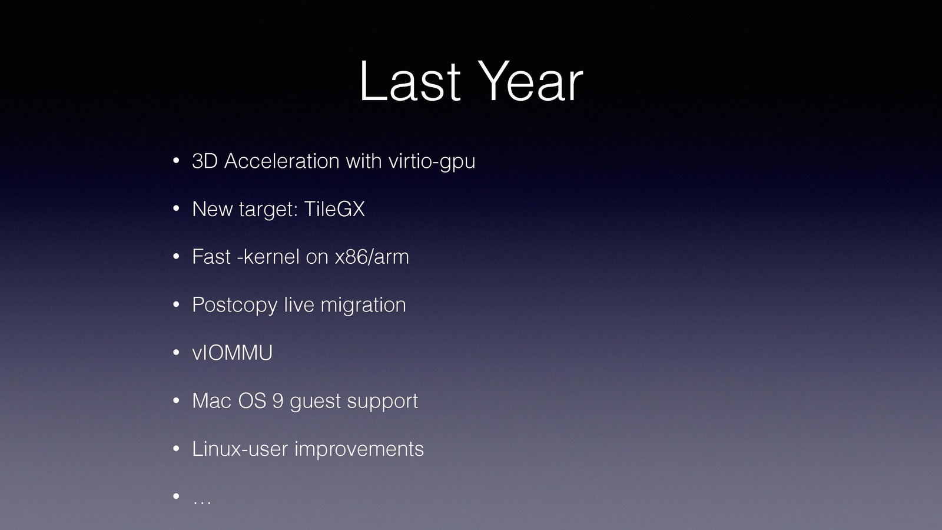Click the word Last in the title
(410, 81)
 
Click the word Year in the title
(530, 81)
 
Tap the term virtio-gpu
(432, 162)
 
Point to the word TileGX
(334, 208)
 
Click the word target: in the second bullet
(268, 210)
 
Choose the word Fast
(211, 257)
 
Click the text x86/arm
(372, 257)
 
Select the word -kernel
(268, 257)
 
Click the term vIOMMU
(232, 353)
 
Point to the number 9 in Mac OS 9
(277, 400)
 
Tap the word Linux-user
(240, 448)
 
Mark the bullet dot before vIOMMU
(176, 353)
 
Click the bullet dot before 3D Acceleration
(176, 161)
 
